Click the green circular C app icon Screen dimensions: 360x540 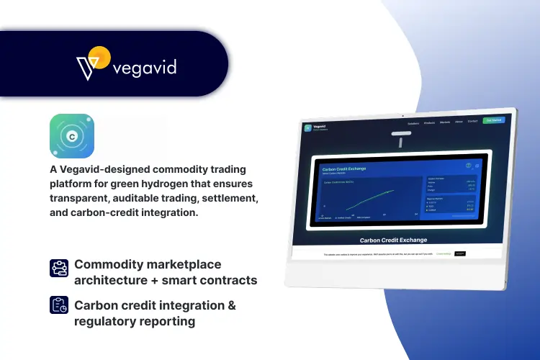click(x=72, y=135)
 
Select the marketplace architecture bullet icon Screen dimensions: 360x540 click(x=58, y=268)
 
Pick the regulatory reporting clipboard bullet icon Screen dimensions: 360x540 click(x=58, y=305)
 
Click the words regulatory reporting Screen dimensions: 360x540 click(x=135, y=321)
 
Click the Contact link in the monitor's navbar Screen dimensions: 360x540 click(x=472, y=122)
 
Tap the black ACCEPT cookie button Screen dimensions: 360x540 click(x=459, y=253)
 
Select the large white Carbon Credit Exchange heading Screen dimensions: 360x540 click(x=393, y=240)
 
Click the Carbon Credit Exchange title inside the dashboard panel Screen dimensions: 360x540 click(x=344, y=168)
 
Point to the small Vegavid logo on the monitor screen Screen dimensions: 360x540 click(x=308, y=128)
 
